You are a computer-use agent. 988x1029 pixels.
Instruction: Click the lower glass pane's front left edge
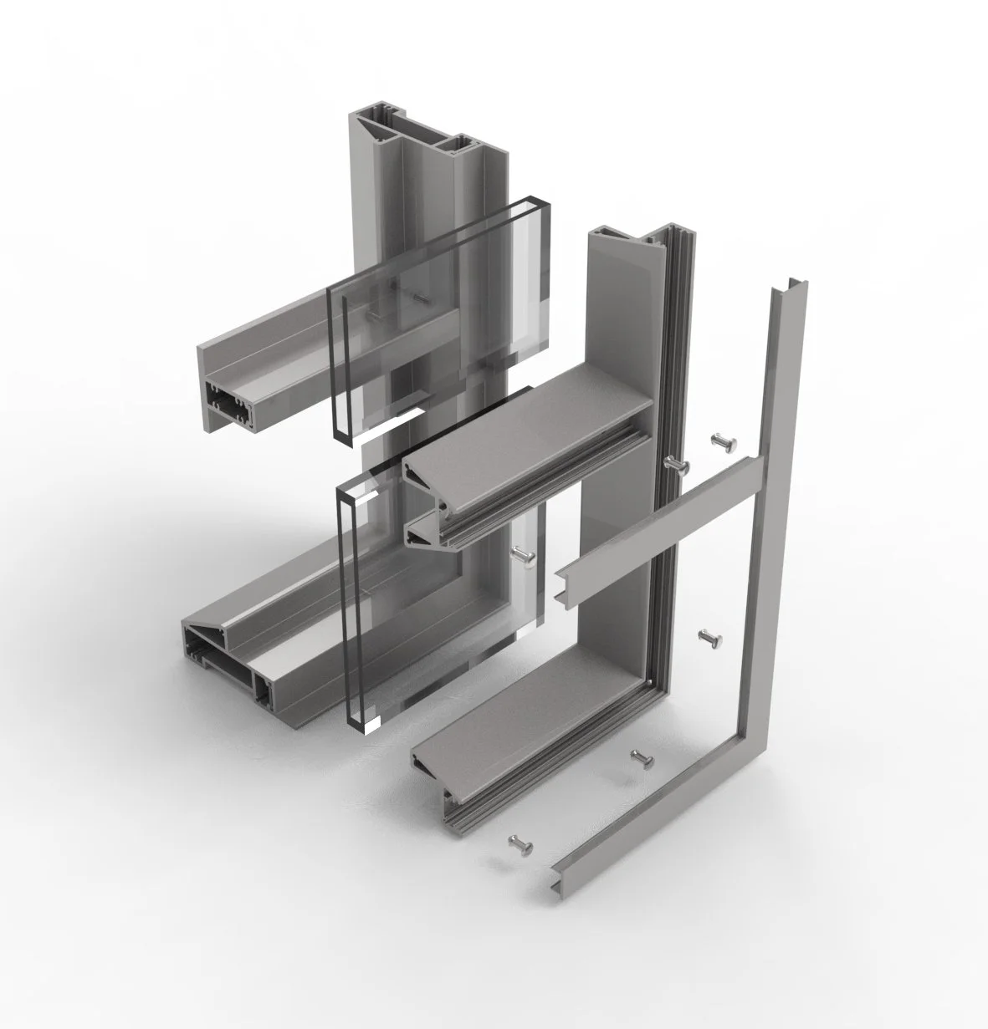pyautogui.click(x=346, y=602)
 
